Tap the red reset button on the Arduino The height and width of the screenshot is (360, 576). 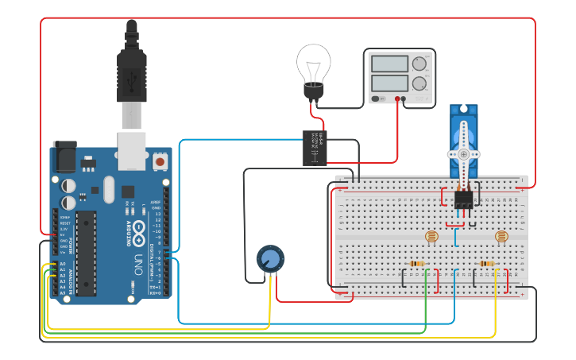[x=160, y=161]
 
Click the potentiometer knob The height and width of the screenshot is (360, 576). [x=270, y=259]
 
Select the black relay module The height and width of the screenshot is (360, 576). [x=315, y=148]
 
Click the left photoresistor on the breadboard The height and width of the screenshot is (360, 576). [x=431, y=236]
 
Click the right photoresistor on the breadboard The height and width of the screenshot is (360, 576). [x=501, y=236]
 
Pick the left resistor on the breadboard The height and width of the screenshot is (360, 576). [x=416, y=264]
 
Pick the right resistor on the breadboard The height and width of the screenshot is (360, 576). [x=487, y=264]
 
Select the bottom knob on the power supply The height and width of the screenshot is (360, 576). [x=419, y=83]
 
